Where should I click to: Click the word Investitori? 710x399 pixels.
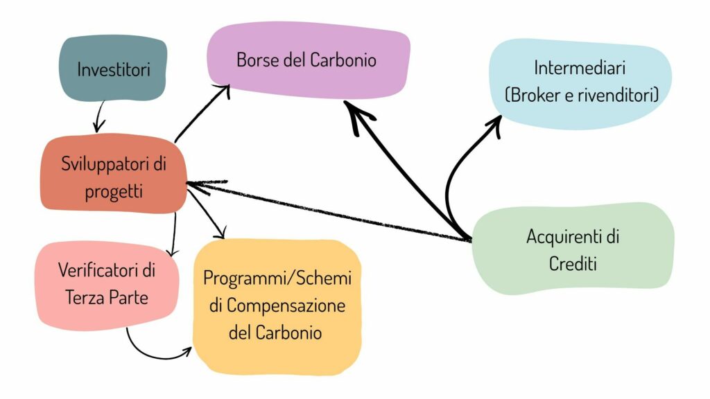(114, 70)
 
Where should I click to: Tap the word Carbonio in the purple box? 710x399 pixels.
(343, 60)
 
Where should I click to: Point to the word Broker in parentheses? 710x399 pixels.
(536, 96)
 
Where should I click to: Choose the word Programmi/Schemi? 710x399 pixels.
(277, 278)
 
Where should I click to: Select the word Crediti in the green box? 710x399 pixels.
(573, 263)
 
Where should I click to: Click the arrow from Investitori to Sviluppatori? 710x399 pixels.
(99, 116)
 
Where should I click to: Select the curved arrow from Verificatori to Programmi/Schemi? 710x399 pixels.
(156, 355)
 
